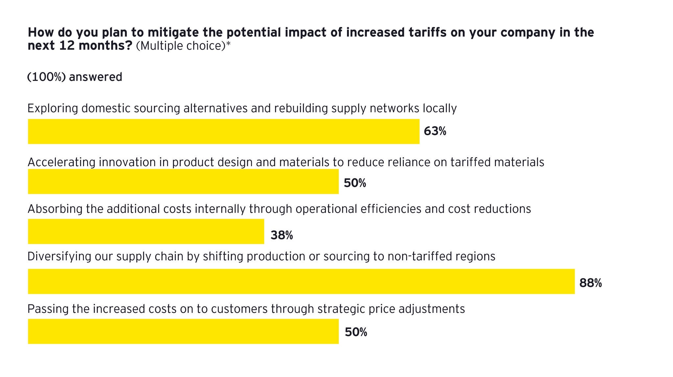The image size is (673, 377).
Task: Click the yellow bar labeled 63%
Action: click(223, 131)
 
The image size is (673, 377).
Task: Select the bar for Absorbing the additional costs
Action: click(146, 232)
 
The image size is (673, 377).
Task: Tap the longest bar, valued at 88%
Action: click(301, 281)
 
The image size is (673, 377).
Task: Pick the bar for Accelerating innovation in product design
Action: click(183, 182)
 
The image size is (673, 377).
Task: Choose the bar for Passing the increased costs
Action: click(183, 331)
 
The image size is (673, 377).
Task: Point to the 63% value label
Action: click(435, 131)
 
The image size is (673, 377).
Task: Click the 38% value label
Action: click(282, 235)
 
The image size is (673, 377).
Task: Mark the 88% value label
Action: click(591, 283)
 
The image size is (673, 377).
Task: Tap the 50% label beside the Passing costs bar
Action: click(356, 332)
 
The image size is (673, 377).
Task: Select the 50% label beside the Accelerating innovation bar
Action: click(355, 183)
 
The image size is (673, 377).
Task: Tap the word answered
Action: click(96, 77)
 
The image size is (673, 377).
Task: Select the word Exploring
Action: click(53, 108)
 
